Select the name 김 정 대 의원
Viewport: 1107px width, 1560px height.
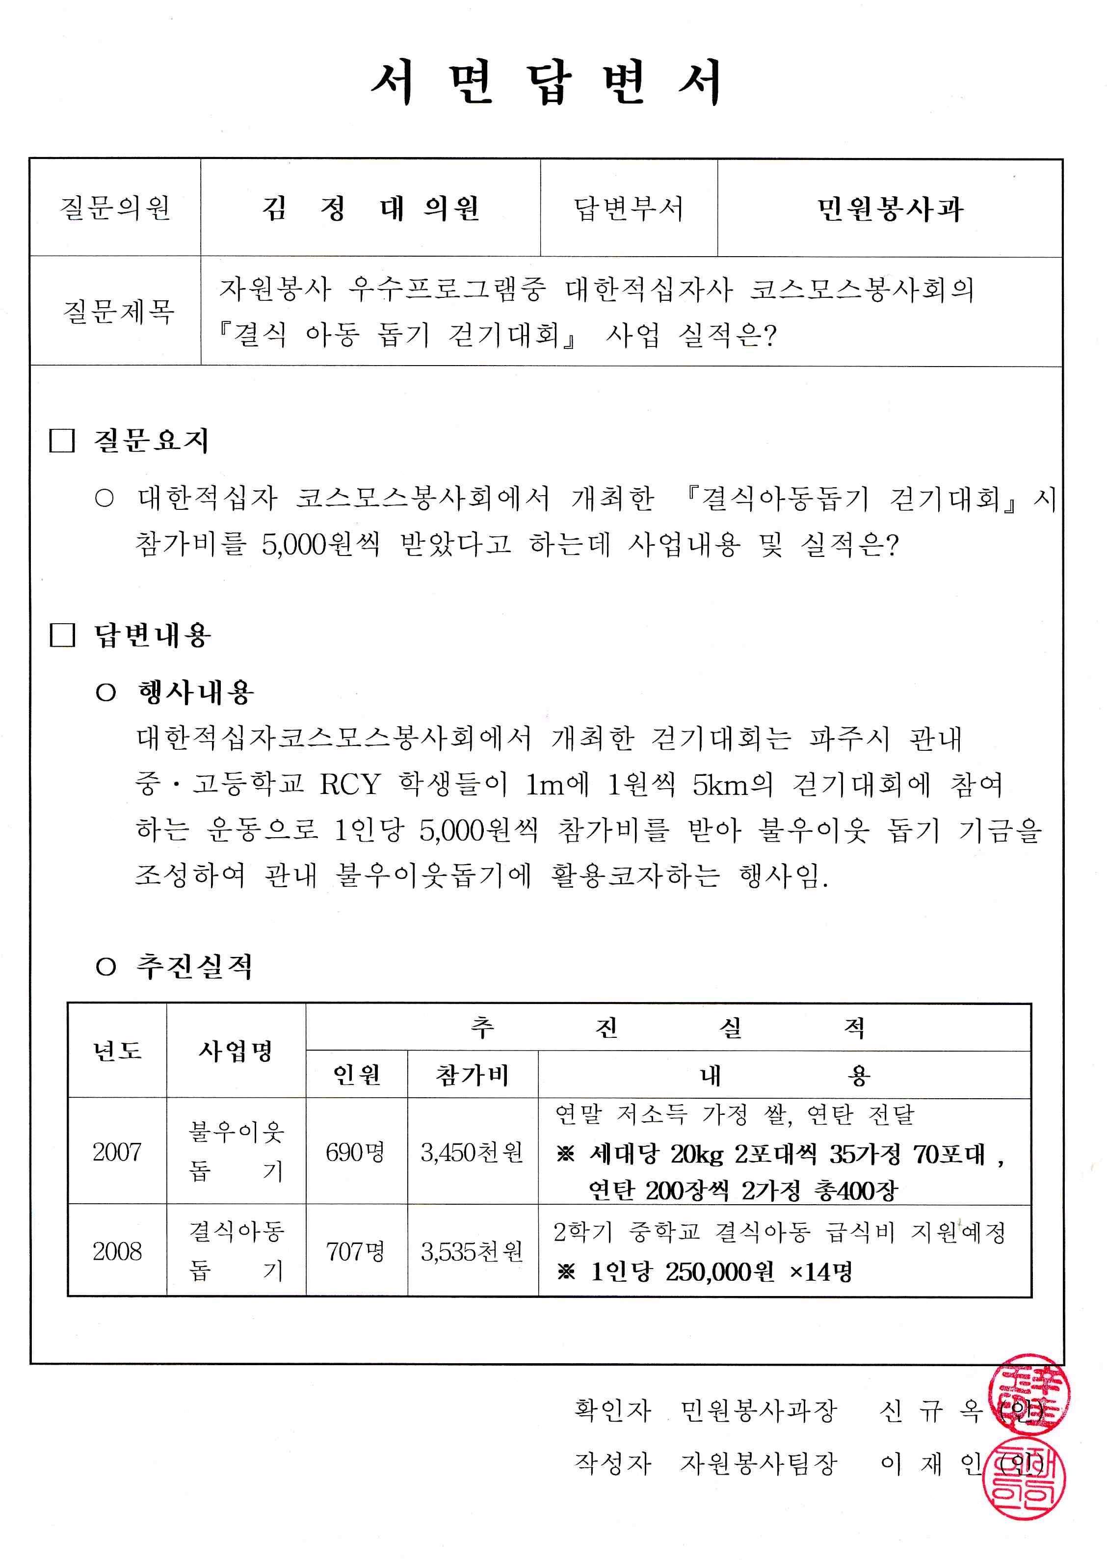coord(371,208)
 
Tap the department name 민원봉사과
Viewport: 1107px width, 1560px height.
coord(890,209)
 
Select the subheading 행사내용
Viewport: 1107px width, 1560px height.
coord(196,692)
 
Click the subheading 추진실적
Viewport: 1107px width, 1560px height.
coord(194,966)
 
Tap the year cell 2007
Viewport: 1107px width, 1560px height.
coord(117,1152)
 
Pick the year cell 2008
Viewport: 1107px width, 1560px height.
coord(117,1251)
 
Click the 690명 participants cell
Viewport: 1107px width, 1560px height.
coord(355,1152)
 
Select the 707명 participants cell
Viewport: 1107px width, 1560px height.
coord(355,1251)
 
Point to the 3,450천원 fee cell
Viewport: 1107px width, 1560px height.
coord(472,1152)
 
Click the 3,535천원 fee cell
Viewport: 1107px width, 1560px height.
coord(472,1251)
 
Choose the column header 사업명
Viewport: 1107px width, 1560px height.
coord(235,1050)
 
